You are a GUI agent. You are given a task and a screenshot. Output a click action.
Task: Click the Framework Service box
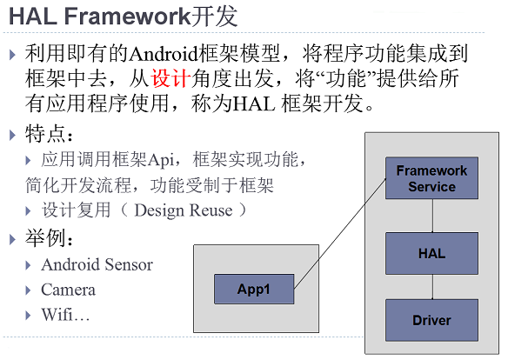(x=431, y=178)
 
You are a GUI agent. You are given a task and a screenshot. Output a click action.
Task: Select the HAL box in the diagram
(x=431, y=254)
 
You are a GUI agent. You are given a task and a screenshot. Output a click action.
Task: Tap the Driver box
(x=431, y=320)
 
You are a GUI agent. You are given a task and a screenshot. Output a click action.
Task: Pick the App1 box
(x=254, y=289)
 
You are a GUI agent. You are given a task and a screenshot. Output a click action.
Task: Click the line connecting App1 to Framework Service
(x=340, y=233)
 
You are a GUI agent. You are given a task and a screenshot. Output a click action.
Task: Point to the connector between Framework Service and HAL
(x=433, y=216)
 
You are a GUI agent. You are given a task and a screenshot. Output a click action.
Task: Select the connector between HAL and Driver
(x=433, y=287)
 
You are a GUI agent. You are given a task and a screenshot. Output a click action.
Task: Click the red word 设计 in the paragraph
(x=170, y=78)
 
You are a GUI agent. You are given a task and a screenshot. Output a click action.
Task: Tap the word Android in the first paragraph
(x=164, y=54)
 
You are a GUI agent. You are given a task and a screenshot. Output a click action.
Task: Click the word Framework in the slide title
(x=127, y=17)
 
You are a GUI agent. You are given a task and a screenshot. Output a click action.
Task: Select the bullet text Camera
(x=68, y=290)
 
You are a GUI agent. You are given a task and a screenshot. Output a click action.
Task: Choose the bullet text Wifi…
(x=65, y=315)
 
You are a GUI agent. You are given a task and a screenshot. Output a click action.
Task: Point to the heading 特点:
(x=49, y=134)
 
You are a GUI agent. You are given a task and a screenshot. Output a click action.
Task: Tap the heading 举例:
(x=49, y=238)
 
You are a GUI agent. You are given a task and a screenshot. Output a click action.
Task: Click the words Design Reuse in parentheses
(x=184, y=210)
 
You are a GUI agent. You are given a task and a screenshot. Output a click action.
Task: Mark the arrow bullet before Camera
(x=28, y=290)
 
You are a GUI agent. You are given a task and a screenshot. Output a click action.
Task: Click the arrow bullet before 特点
(x=13, y=135)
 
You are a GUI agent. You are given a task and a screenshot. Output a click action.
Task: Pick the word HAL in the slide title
(x=32, y=17)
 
